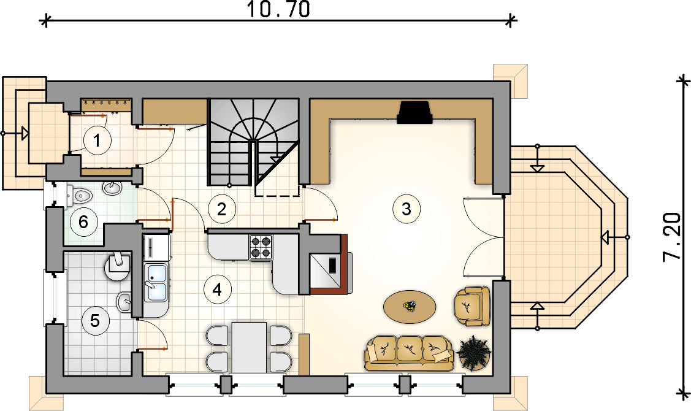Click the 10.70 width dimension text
(x=278, y=9)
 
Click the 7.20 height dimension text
(x=672, y=237)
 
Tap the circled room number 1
(x=97, y=140)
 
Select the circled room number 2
(x=221, y=209)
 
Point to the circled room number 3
(x=407, y=209)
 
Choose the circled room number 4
(x=217, y=290)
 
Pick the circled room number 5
(x=95, y=321)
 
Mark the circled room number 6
(x=83, y=221)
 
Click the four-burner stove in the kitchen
(x=261, y=247)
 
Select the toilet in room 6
(x=79, y=194)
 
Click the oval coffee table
(x=410, y=306)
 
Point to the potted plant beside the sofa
(x=473, y=352)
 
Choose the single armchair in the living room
(x=471, y=306)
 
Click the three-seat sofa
(x=408, y=352)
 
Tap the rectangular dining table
(x=249, y=347)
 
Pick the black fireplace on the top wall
(x=414, y=112)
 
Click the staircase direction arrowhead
(x=276, y=159)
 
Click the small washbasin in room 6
(x=113, y=188)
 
